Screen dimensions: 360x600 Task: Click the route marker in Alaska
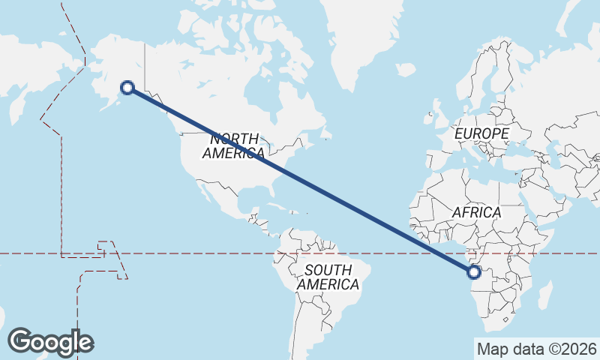point(127,88)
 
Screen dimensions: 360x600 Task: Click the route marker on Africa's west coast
point(474,272)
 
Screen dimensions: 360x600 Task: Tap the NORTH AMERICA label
point(233,145)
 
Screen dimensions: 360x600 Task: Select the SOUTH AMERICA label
point(328,277)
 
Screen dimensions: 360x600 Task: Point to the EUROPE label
point(482,133)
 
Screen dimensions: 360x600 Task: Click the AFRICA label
point(475,213)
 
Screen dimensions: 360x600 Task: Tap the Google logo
point(50,342)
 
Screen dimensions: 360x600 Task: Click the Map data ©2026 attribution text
point(536,349)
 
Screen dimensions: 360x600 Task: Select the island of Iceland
point(406,70)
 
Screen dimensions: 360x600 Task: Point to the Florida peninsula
point(274,192)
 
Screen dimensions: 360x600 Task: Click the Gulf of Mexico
point(251,196)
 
